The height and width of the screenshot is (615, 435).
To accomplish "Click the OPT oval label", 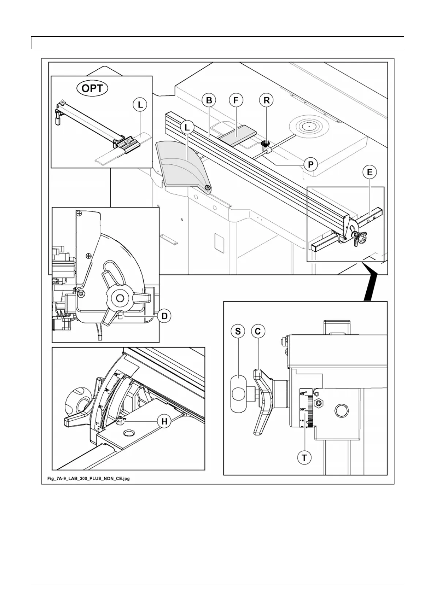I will coord(92,88).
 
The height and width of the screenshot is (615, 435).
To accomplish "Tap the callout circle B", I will coord(209,100).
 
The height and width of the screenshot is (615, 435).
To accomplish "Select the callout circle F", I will coord(236,100).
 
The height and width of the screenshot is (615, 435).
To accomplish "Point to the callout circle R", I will coord(266,100).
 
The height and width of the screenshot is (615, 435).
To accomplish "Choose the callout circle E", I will coord(370,172).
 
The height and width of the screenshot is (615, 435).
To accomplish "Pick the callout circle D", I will coord(164,316).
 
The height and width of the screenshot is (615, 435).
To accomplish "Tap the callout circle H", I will coord(164,421).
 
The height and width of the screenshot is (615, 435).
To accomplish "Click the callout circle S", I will coord(238,331).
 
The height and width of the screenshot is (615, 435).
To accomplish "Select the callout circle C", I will coord(258,331).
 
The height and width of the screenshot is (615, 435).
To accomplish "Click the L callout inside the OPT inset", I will coord(140,105).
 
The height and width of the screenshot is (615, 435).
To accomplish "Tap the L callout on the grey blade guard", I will coord(187,128).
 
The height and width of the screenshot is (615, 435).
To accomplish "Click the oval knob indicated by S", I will coord(238,394).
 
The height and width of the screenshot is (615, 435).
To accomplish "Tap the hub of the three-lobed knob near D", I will coord(119,298).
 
